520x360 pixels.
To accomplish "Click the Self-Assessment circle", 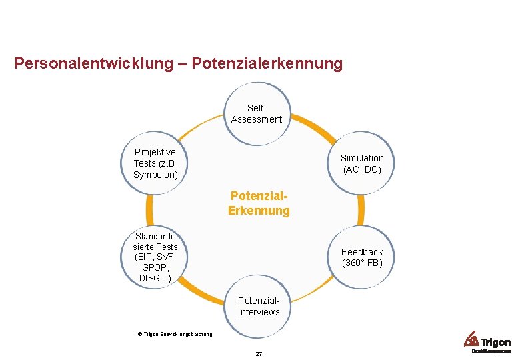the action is point(257,114).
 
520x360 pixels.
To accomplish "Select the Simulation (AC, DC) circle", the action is point(362,164).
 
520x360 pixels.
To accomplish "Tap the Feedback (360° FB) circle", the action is point(362,257).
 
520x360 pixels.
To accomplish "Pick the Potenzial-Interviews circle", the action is point(259,306).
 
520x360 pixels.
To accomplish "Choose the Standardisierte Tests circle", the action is point(155,257).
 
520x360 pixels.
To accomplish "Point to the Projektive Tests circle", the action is point(155,164).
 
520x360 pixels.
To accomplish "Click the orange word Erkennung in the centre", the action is point(259,211).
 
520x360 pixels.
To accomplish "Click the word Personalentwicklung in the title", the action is point(99,64).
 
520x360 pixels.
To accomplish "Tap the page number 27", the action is point(259,354).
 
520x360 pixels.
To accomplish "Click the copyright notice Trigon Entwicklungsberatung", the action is point(170,334).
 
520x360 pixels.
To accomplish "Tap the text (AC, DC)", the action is point(362,169).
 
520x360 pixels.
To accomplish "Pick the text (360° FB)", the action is point(362,263).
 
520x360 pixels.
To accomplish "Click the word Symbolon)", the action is point(155,175).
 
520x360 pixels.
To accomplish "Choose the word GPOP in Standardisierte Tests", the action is point(155,267).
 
